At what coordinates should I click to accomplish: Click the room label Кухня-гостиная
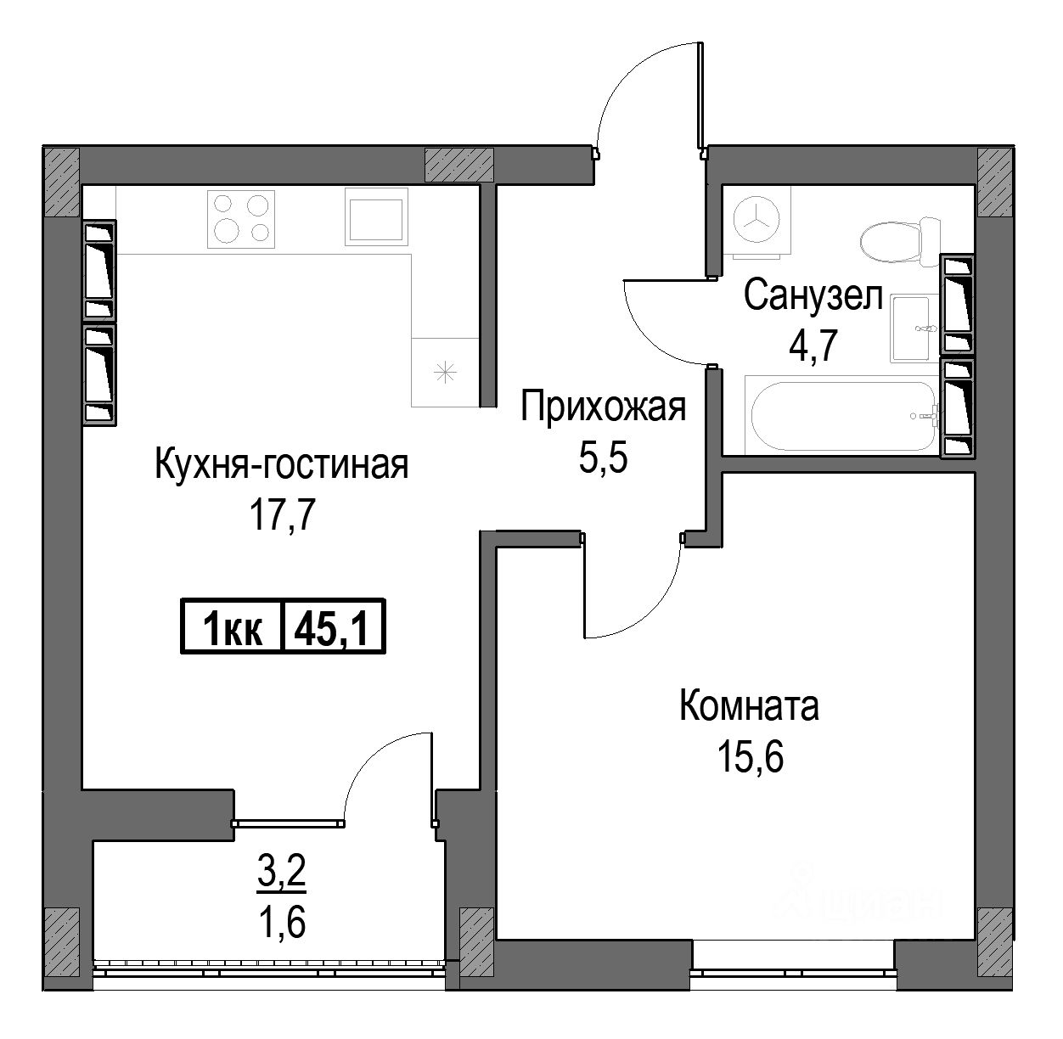pyautogui.click(x=282, y=465)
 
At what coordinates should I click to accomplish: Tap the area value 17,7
pyautogui.click(x=283, y=515)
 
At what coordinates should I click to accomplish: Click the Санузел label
pyautogui.click(x=813, y=295)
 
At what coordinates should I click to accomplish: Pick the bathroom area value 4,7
pyautogui.click(x=813, y=345)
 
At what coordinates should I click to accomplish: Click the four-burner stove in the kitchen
pyautogui.click(x=241, y=219)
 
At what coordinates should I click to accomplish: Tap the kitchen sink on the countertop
pyautogui.click(x=376, y=216)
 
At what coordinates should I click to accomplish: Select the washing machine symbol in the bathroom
pyautogui.click(x=756, y=222)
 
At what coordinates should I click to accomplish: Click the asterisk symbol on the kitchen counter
pyautogui.click(x=445, y=373)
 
